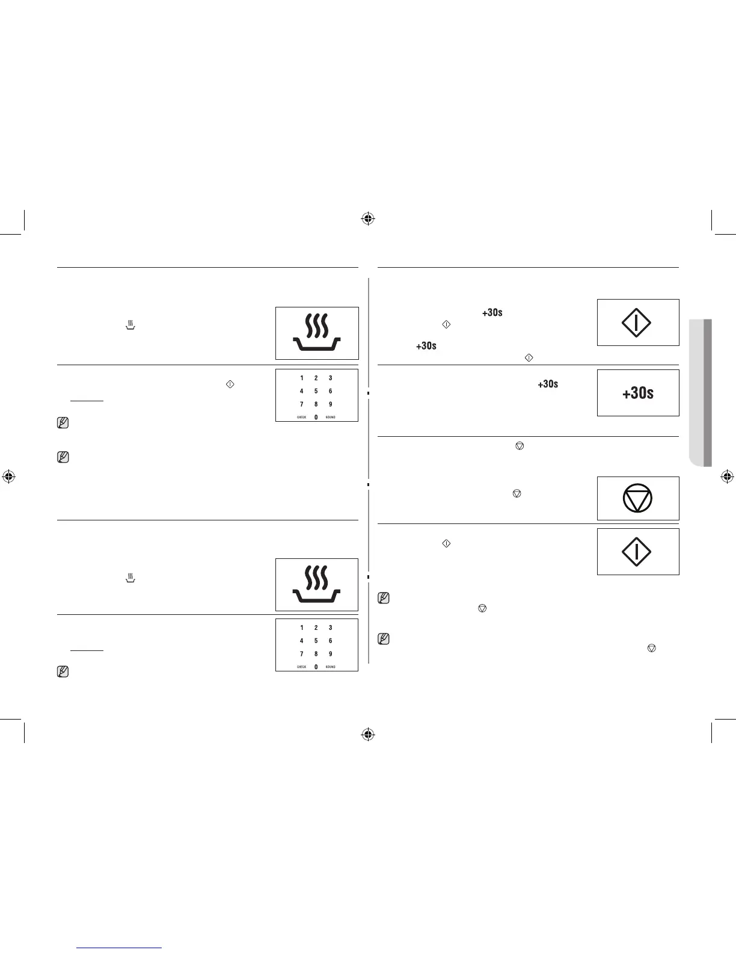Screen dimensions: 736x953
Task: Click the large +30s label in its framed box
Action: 638,393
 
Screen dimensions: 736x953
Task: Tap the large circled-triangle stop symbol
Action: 638,499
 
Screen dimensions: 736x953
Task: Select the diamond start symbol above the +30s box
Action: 636,323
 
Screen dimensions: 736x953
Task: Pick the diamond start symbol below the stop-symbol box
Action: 636,552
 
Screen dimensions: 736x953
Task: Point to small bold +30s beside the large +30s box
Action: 548,384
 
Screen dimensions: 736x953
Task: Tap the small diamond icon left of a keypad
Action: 229,384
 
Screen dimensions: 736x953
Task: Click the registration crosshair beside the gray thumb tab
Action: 727,477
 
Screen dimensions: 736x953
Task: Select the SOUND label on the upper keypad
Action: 331,417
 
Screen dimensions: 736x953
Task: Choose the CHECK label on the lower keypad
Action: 301,667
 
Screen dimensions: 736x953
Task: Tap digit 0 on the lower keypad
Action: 316,667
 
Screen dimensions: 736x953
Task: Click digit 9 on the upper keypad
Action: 330,404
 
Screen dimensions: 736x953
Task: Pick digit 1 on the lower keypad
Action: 302,628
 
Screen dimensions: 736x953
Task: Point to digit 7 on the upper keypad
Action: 302,404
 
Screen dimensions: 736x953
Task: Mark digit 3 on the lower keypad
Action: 330,628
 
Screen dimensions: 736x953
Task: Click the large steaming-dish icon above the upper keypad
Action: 317,333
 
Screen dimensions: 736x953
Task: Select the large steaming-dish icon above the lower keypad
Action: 317,584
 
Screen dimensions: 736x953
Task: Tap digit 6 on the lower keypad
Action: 330,641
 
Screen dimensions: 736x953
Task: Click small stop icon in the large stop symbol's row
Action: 517,493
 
